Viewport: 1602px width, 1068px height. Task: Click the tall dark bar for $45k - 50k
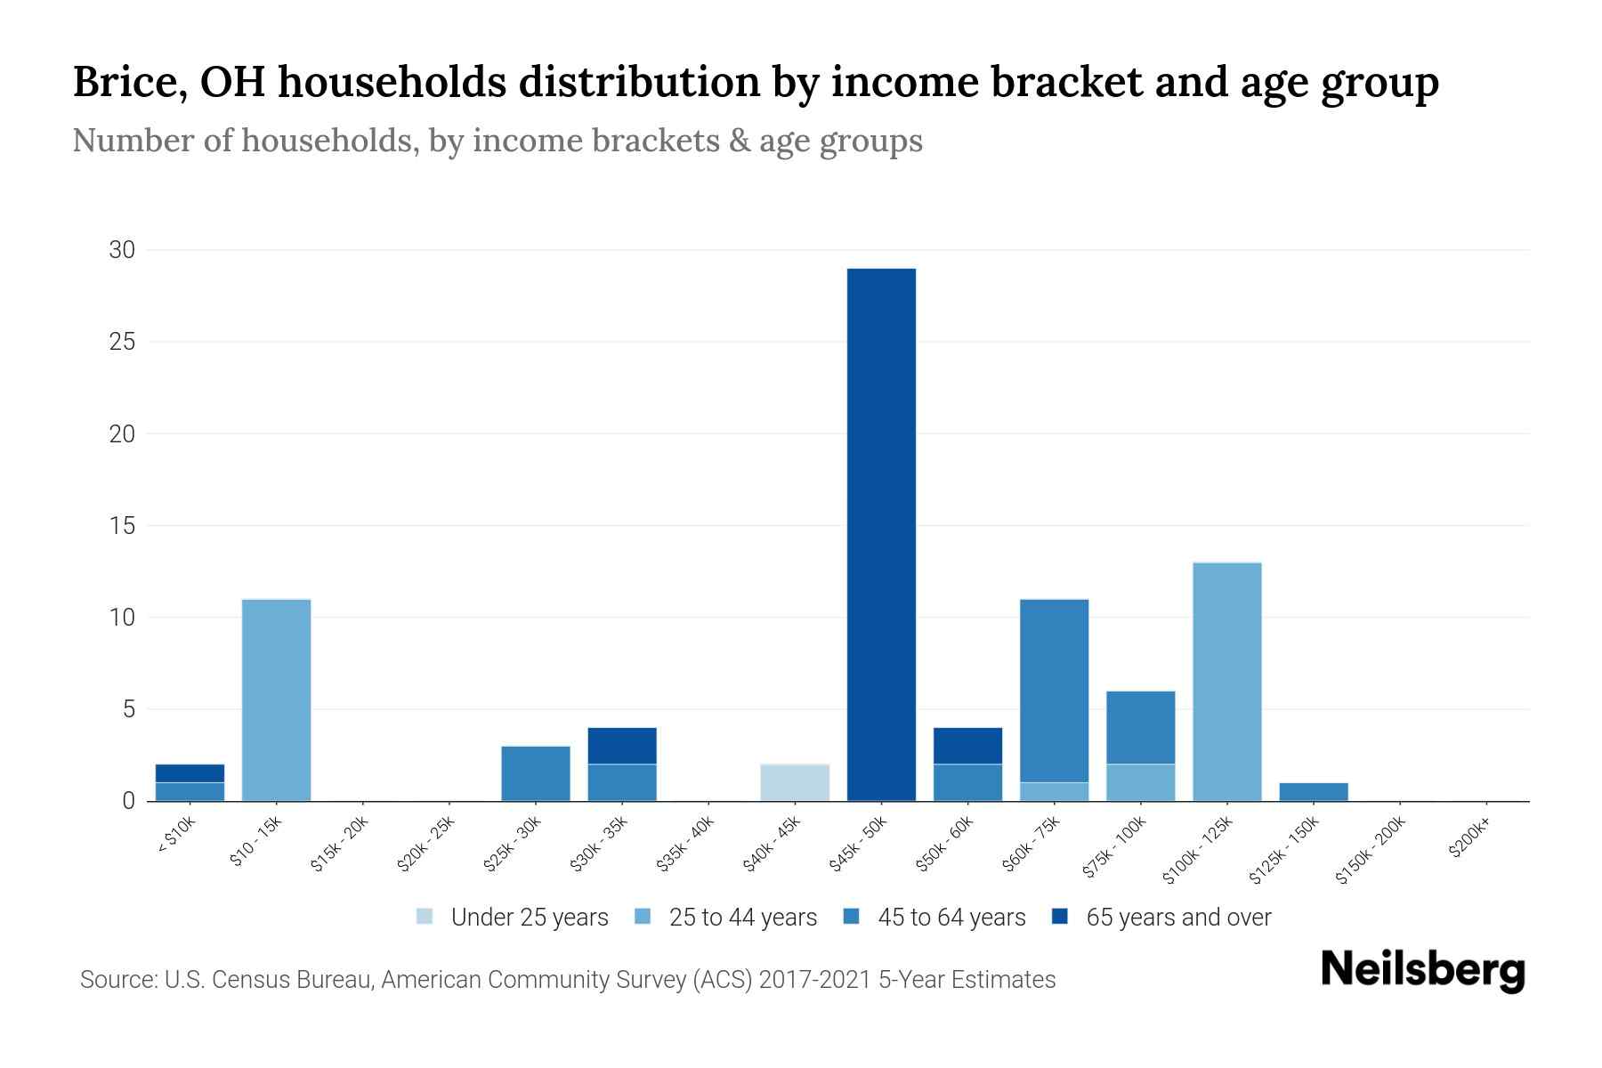click(881, 534)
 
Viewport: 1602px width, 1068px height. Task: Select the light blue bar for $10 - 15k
click(276, 700)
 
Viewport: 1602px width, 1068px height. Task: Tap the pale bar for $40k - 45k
click(795, 782)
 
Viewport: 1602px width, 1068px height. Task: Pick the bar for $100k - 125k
click(1226, 682)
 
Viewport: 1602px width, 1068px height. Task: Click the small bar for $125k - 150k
click(1313, 792)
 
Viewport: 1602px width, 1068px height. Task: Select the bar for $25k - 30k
click(536, 773)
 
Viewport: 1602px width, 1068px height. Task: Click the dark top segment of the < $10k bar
click(190, 773)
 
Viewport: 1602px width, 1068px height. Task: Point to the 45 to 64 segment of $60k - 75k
click(1054, 691)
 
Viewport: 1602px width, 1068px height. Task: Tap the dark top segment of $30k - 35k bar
click(622, 746)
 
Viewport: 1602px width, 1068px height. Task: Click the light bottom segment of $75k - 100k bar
click(1140, 782)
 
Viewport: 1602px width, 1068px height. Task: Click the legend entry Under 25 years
click(513, 918)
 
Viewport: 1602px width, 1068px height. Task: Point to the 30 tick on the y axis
click(122, 250)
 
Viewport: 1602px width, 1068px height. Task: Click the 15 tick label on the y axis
click(122, 526)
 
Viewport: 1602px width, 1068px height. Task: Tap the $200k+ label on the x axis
click(1468, 841)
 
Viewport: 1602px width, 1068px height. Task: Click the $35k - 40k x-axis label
click(685, 846)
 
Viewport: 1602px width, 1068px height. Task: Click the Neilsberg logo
click(1422, 970)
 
